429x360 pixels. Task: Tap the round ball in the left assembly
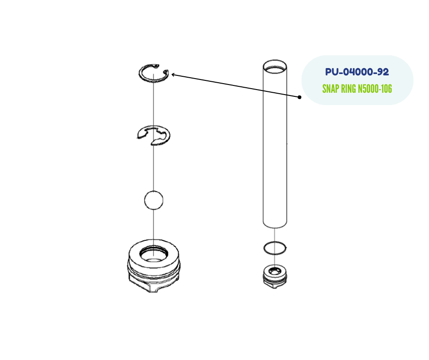tap(153, 200)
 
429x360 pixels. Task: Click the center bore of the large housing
tap(153, 254)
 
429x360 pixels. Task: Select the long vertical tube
tap(275, 146)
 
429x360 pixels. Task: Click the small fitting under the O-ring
tap(275, 276)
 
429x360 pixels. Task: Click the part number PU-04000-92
tap(357, 72)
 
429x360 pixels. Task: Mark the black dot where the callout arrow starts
tap(300, 97)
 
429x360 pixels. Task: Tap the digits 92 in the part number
tap(382, 72)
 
